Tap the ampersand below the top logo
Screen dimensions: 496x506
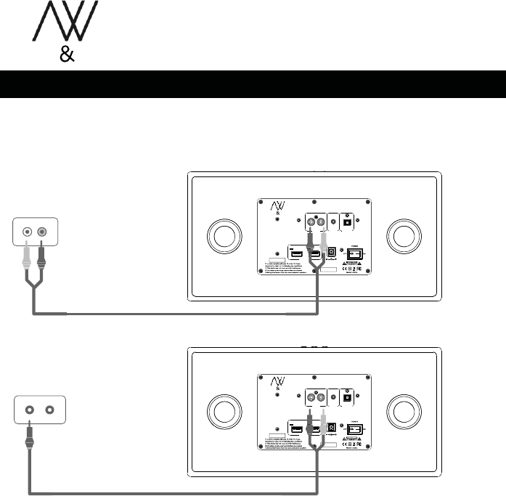(x=65, y=56)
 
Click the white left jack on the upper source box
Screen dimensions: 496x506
(x=28, y=233)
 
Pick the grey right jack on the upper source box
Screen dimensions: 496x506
(x=42, y=233)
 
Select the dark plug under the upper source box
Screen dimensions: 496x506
(x=42, y=255)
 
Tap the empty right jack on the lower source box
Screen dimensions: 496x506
(x=49, y=409)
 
